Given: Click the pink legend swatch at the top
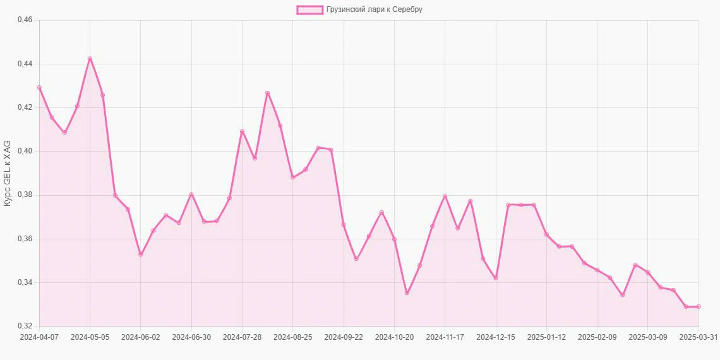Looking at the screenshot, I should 309,9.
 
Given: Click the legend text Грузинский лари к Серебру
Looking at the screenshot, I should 375,9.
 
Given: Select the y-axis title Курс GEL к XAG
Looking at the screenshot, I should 7,173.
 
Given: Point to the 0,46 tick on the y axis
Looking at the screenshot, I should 24,20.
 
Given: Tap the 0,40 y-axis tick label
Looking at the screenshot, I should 24,152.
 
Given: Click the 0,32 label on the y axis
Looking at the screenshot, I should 24,326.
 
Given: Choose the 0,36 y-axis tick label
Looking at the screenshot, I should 24,239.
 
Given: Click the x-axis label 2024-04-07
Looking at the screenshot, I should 39,337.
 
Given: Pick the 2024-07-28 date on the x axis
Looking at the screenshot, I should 242,337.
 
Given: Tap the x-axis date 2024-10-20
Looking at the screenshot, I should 394,337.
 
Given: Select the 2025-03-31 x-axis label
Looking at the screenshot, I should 698,337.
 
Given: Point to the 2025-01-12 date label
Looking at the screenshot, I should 546,337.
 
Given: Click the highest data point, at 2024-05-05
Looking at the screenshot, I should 90,59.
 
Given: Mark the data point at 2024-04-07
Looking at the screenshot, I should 39,88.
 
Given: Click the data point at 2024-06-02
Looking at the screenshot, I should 141,255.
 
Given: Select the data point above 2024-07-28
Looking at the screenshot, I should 242,131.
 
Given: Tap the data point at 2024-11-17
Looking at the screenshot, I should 445,196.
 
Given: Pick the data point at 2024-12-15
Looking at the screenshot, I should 496,278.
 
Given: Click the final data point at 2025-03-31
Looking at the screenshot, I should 699,306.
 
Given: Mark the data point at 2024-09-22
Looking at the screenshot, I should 344,225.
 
